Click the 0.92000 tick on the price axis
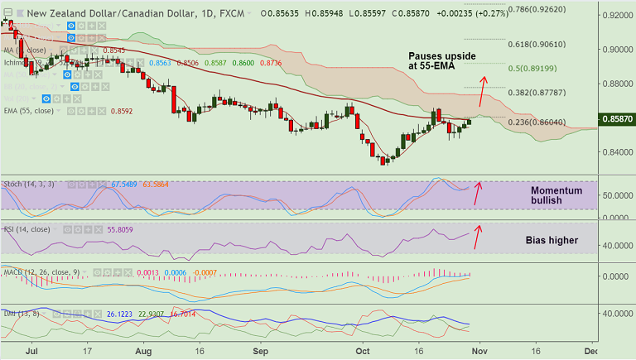[614, 16]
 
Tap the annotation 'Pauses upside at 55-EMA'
[442, 60]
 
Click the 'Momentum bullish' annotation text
[556, 196]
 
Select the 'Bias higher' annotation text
[551, 241]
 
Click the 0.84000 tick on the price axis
[614, 152]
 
